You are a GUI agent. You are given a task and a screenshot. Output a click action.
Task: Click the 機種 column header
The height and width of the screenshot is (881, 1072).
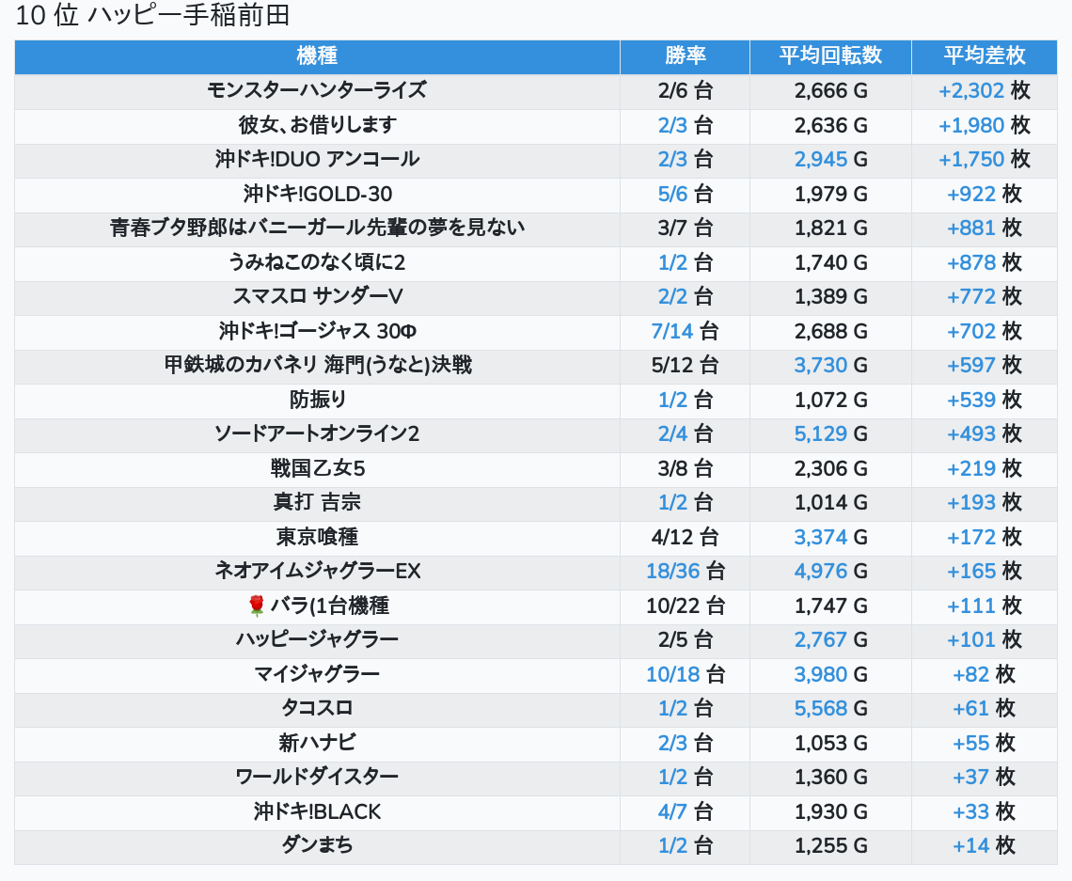[317, 56]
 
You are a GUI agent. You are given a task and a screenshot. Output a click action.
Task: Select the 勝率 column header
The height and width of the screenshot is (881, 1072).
[685, 56]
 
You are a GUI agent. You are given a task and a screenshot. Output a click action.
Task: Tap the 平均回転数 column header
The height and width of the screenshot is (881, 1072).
[830, 56]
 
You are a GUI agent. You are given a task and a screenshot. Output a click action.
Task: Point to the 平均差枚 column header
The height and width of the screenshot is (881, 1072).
[985, 56]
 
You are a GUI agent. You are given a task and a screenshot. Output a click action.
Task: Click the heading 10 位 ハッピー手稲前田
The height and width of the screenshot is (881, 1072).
[152, 16]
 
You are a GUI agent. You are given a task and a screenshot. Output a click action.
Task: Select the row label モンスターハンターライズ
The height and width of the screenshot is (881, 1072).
[317, 90]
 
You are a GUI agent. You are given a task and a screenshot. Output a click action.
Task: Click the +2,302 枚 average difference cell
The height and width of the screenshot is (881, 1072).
[985, 91]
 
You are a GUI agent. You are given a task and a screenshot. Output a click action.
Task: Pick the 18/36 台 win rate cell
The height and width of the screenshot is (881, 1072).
[685, 572]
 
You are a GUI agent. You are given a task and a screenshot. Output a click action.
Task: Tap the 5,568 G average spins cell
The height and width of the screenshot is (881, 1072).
[830, 709]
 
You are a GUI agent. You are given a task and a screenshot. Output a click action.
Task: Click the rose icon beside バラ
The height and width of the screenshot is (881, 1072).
[257, 606]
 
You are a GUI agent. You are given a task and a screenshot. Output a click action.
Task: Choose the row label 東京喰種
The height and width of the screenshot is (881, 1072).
[317, 537]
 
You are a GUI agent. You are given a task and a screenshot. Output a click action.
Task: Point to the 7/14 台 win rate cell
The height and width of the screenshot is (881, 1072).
[685, 332]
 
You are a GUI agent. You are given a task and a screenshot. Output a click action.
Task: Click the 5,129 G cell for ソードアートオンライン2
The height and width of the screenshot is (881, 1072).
[830, 434]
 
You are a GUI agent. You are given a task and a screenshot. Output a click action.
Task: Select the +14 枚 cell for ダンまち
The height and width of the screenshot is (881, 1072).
[985, 846]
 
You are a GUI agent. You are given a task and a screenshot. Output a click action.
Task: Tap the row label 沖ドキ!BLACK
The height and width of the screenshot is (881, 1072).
[317, 812]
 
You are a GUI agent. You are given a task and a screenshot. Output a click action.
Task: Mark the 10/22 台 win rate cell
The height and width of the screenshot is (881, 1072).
[685, 606]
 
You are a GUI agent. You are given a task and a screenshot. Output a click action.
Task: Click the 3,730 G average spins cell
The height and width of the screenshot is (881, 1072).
[830, 366]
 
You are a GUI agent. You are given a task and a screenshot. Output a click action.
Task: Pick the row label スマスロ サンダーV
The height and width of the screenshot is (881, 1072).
[317, 296]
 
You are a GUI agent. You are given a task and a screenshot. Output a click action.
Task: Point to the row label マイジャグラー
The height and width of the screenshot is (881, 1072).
[317, 674]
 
